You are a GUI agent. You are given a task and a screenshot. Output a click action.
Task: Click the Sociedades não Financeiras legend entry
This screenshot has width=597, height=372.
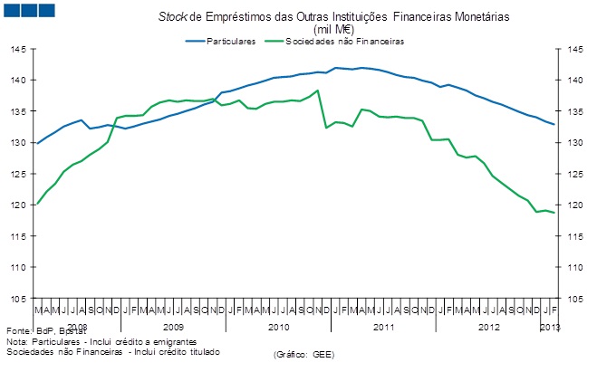[x=344, y=42]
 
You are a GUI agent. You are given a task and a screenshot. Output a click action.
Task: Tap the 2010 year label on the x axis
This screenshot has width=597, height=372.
[x=278, y=325]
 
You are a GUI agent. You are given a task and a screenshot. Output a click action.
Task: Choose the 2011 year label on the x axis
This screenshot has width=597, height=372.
[x=383, y=325]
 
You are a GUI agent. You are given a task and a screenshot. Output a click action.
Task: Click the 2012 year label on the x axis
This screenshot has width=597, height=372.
[x=488, y=325]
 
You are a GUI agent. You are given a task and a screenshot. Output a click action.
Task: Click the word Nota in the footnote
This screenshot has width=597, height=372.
[x=15, y=341]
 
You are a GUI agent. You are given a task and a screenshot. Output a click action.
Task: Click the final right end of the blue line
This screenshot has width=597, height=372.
[x=554, y=125]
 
